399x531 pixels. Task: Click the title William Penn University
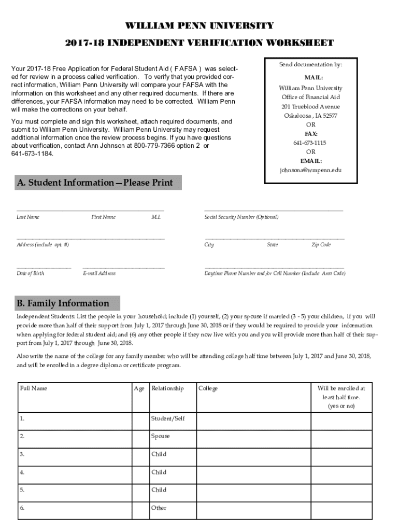coord(199,26)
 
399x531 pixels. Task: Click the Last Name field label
coord(28,217)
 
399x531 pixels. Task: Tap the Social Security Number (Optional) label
coord(241,217)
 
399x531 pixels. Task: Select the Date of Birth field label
coord(31,273)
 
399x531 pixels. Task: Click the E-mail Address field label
coord(99,273)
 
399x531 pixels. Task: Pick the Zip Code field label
coord(321,245)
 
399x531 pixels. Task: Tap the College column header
coord(208,388)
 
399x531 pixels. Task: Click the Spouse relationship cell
coord(161,436)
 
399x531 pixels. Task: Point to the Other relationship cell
coord(159,508)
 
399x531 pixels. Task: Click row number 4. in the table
coord(22,472)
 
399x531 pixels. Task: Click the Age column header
coord(139,388)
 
